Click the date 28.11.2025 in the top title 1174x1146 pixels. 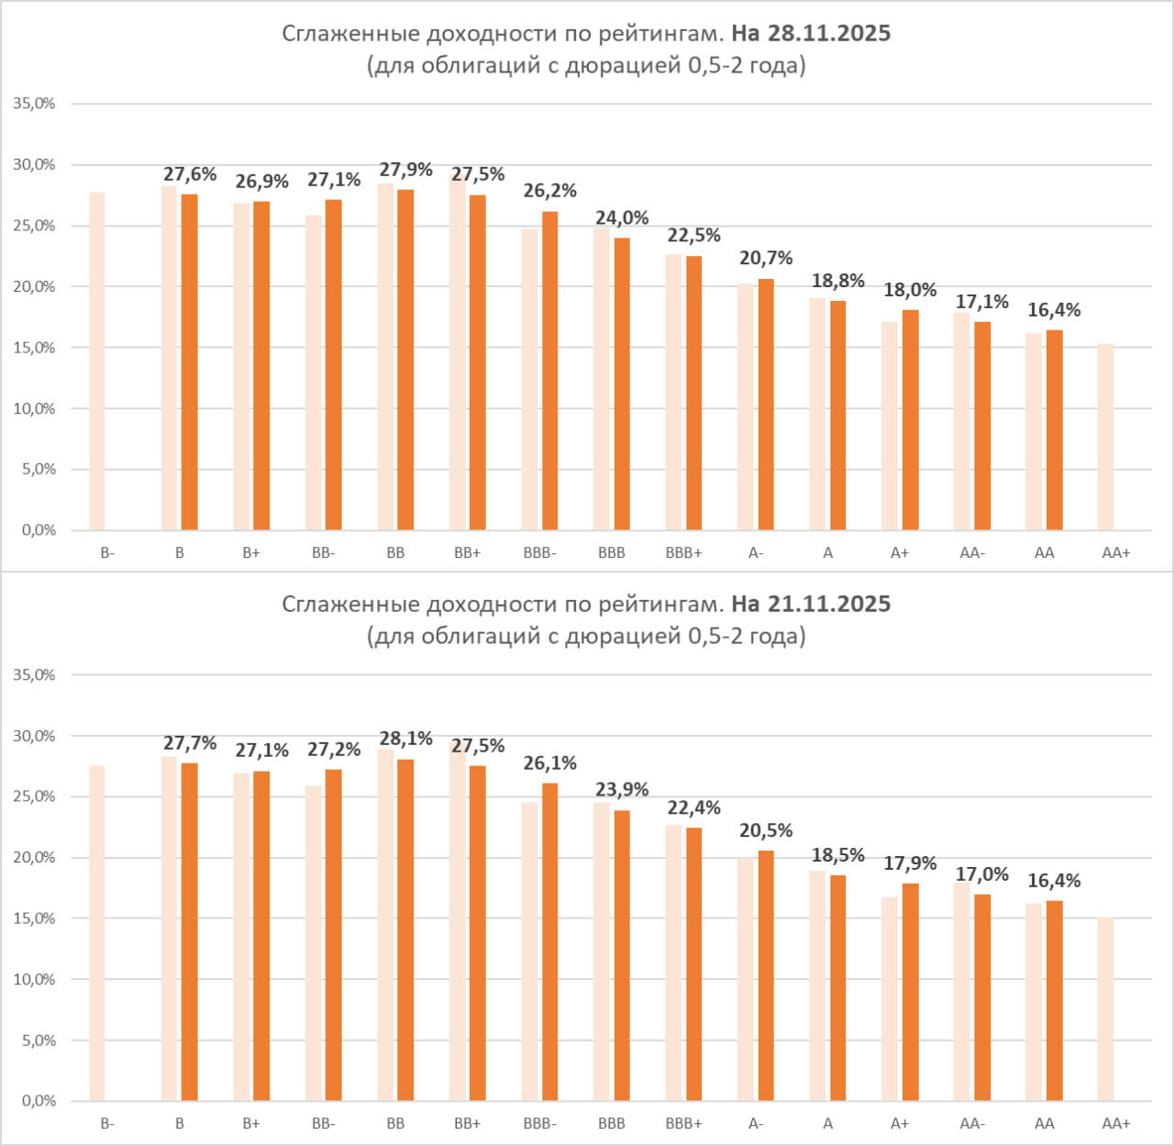tap(829, 34)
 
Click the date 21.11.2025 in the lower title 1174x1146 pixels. tap(829, 605)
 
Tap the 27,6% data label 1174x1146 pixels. tap(190, 174)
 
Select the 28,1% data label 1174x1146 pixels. tap(405, 739)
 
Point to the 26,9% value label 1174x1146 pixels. tap(261, 182)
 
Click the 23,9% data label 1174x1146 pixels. tap(622, 790)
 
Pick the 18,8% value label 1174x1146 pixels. tap(837, 281)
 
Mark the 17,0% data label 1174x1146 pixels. tap(981, 874)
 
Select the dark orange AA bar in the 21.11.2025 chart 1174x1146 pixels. tap(1054, 1000)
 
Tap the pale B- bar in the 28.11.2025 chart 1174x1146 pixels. tap(97, 361)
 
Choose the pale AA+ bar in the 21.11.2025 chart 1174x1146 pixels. tap(1105, 1008)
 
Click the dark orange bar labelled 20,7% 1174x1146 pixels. tap(766, 405)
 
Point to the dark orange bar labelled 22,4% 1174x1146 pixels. tap(693, 964)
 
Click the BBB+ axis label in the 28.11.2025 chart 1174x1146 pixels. tap(683, 553)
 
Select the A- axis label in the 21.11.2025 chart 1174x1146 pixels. tap(756, 1124)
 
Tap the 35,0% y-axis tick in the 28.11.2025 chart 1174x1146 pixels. tap(34, 104)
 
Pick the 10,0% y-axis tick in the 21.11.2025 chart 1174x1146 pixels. tap(34, 980)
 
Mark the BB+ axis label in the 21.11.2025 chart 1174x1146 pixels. tap(467, 1124)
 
